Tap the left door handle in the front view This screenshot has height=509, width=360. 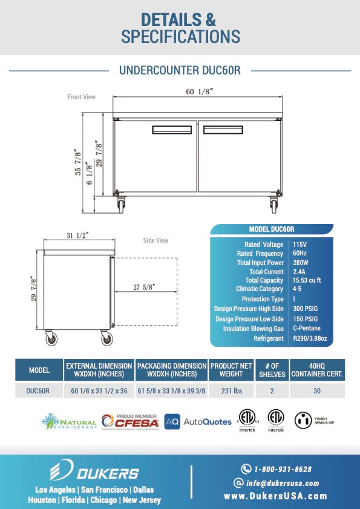click(171, 130)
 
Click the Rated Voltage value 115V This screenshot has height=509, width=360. click(300, 245)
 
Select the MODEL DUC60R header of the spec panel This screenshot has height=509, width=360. click(272, 229)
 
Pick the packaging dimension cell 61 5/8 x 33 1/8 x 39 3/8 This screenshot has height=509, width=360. click(171, 391)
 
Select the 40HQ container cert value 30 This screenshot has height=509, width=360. click(318, 391)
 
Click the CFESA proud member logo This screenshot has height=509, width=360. click(129, 421)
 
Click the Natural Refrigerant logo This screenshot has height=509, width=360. click(68, 421)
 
